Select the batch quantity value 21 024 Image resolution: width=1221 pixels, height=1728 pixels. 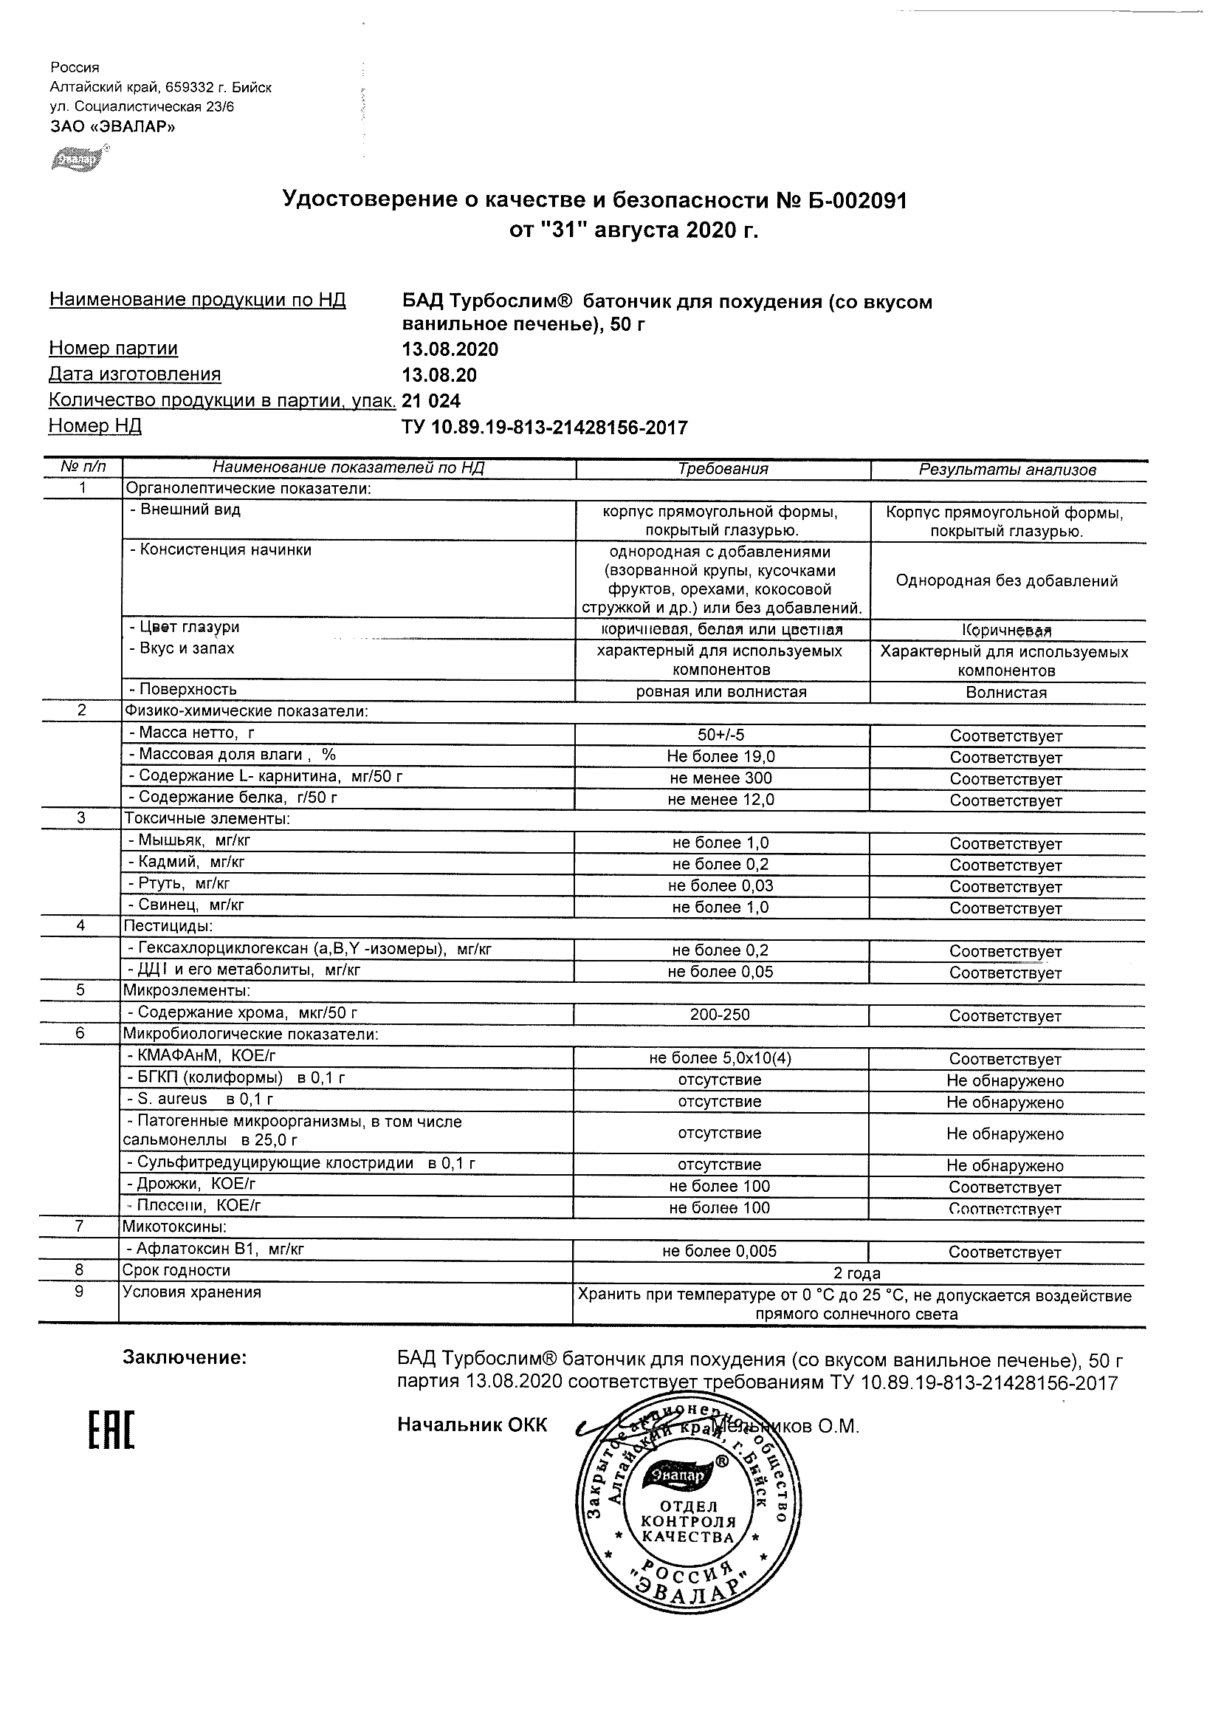(x=432, y=401)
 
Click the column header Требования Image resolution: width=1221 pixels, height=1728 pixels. (x=722, y=469)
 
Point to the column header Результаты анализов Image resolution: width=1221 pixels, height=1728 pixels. (x=1008, y=470)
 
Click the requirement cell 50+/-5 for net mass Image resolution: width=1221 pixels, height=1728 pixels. (x=720, y=736)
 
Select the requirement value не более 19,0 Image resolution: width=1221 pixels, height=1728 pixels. (x=720, y=756)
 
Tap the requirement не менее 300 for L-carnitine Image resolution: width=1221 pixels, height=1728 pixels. (x=720, y=778)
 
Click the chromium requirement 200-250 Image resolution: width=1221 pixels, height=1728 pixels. (x=720, y=1015)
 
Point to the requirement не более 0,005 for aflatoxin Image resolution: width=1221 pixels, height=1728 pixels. (x=719, y=1251)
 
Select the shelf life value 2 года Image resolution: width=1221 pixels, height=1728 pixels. (x=857, y=1273)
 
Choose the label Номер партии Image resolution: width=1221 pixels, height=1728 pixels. (x=114, y=349)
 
